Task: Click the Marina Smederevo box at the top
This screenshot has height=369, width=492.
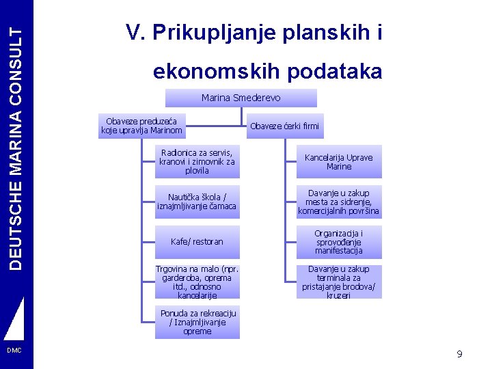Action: [x=241, y=98]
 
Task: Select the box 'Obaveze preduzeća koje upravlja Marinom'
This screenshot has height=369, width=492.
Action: [x=141, y=126]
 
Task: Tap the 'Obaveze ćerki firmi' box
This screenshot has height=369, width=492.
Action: [x=284, y=126]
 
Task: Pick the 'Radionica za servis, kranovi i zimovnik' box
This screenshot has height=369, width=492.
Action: [x=197, y=161]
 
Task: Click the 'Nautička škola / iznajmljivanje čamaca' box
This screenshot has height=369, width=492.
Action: [x=197, y=202]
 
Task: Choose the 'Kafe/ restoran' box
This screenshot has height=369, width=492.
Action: [x=197, y=242]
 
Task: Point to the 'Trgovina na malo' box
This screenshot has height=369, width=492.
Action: [x=197, y=282]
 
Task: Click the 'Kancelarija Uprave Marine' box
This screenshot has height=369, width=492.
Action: [x=339, y=162]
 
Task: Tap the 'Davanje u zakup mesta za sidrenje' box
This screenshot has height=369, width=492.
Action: [x=339, y=202]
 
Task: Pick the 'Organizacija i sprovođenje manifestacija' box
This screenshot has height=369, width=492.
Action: [x=339, y=242]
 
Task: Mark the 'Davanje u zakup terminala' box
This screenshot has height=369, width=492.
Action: [x=339, y=282]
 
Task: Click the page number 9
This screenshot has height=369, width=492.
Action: [x=459, y=354]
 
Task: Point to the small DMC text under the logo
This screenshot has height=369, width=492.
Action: [x=14, y=351]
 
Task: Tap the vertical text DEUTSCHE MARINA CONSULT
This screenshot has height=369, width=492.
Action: [x=16, y=137]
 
